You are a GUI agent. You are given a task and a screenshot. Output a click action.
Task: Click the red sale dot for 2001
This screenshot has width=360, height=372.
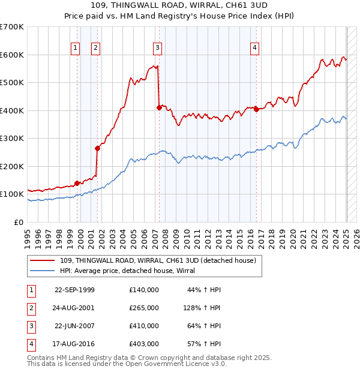pos(97,148)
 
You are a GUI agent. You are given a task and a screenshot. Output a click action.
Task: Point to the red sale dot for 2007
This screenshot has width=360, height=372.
pos(159,107)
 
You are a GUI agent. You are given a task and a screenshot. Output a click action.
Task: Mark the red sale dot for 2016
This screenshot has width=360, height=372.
pos(256,109)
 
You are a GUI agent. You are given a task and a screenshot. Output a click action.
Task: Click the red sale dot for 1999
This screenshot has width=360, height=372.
pos(77,183)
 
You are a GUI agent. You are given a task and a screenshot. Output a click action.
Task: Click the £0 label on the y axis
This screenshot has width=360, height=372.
pos(18,222)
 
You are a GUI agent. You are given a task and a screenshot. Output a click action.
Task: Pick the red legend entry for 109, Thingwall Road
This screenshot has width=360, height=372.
pos(158,260)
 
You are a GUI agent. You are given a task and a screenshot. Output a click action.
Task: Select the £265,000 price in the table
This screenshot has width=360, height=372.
pos(144,308)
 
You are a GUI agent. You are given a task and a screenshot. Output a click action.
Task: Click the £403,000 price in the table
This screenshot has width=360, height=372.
pos(144,344)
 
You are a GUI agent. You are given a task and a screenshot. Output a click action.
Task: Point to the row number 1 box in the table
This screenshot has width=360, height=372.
pos(30,290)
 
